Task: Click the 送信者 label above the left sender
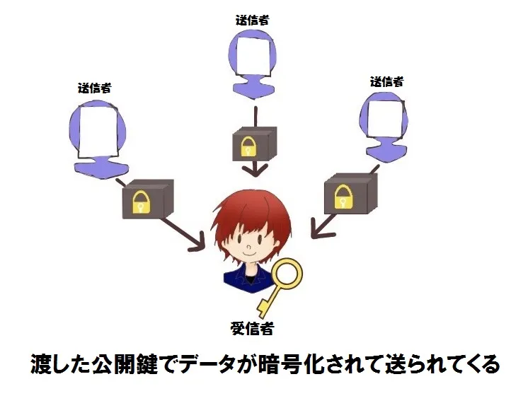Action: [x=94, y=88]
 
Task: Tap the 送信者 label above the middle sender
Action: [x=253, y=20]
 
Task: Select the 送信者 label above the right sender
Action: [x=386, y=81]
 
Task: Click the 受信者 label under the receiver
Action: [x=252, y=328]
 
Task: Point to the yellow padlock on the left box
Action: [x=141, y=202]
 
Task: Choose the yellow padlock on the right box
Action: [x=343, y=197]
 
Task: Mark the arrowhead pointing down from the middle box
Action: [x=255, y=171]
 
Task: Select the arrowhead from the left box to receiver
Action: [x=196, y=243]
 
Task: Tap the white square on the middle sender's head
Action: [x=255, y=55]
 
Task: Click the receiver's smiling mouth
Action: [x=249, y=254]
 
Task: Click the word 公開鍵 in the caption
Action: [x=125, y=363]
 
